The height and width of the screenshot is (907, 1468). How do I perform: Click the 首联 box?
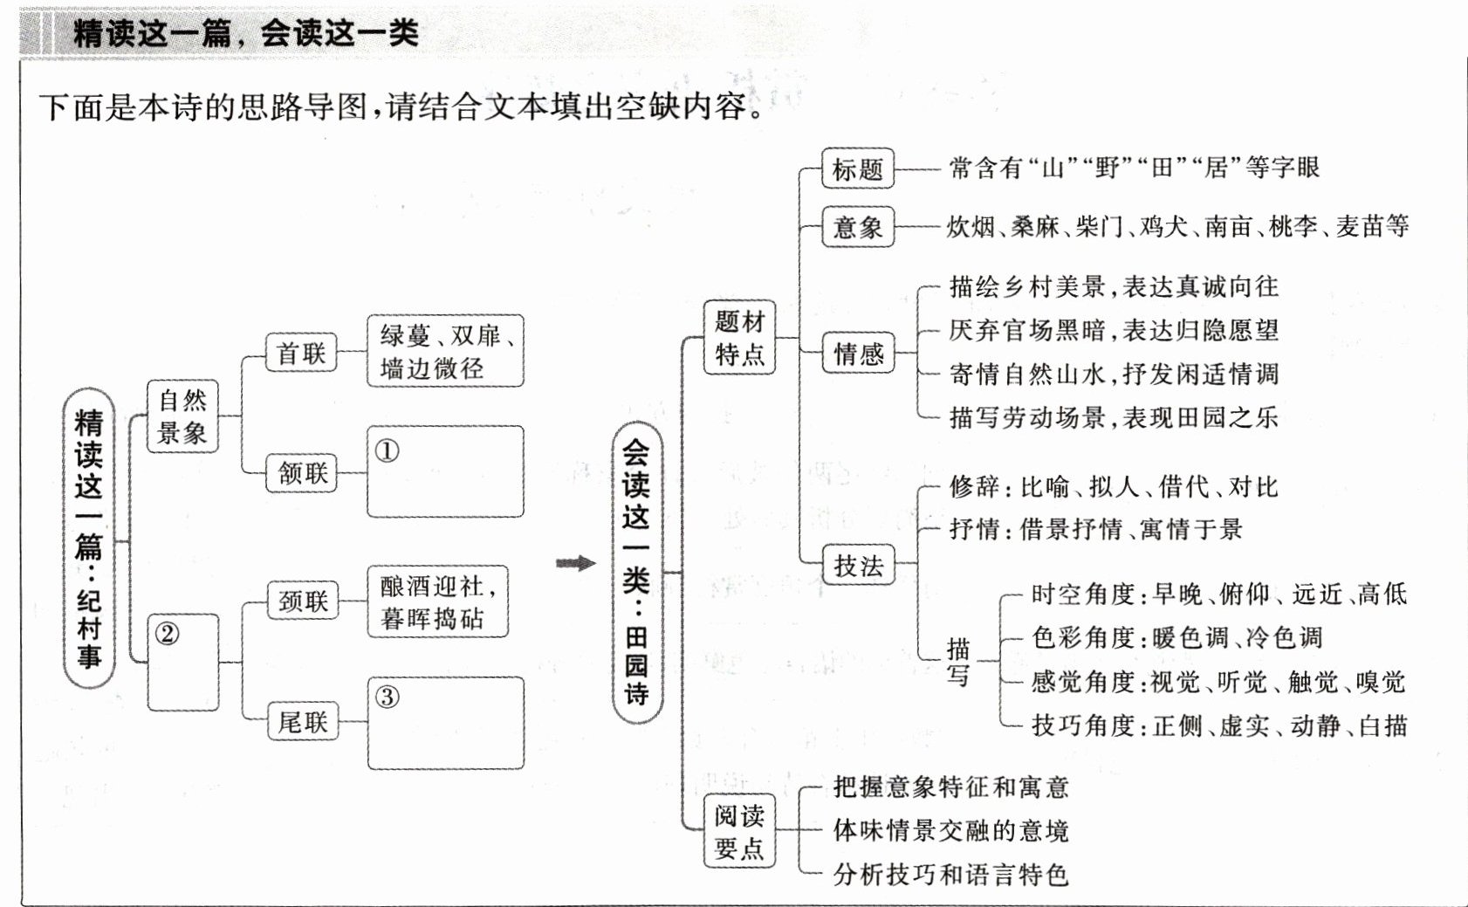[301, 353]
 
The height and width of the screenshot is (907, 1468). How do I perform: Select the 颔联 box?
[302, 473]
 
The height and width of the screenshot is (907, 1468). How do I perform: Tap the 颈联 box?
[303, 601]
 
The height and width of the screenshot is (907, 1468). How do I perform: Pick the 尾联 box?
[303, 722]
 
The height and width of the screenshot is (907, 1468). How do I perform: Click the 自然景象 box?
[182, 416]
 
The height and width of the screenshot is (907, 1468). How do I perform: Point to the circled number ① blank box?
[445, 472]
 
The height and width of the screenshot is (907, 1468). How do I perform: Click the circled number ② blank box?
[183, 663]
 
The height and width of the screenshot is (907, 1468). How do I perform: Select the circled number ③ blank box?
[446, 723]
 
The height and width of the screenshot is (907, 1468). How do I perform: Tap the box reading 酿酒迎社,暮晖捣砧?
[437, 602]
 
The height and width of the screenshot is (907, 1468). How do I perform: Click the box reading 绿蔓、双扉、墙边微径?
[445, 351]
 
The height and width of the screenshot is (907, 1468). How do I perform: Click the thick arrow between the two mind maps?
[575, 563]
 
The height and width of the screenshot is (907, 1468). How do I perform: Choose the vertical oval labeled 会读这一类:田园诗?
[636, 573]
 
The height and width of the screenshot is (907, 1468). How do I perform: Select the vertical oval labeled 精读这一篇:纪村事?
[89, 539]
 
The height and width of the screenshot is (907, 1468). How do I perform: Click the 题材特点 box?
[739, 337]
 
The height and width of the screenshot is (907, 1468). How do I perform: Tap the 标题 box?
[858, 168]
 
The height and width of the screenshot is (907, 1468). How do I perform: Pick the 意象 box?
[858, 227]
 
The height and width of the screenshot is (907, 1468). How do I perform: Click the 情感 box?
[858, 354]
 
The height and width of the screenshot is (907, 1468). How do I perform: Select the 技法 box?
[858, 566]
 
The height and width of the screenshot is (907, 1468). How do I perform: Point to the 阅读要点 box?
[739, 831]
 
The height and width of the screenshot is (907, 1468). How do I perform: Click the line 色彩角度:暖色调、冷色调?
[1176, 638]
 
